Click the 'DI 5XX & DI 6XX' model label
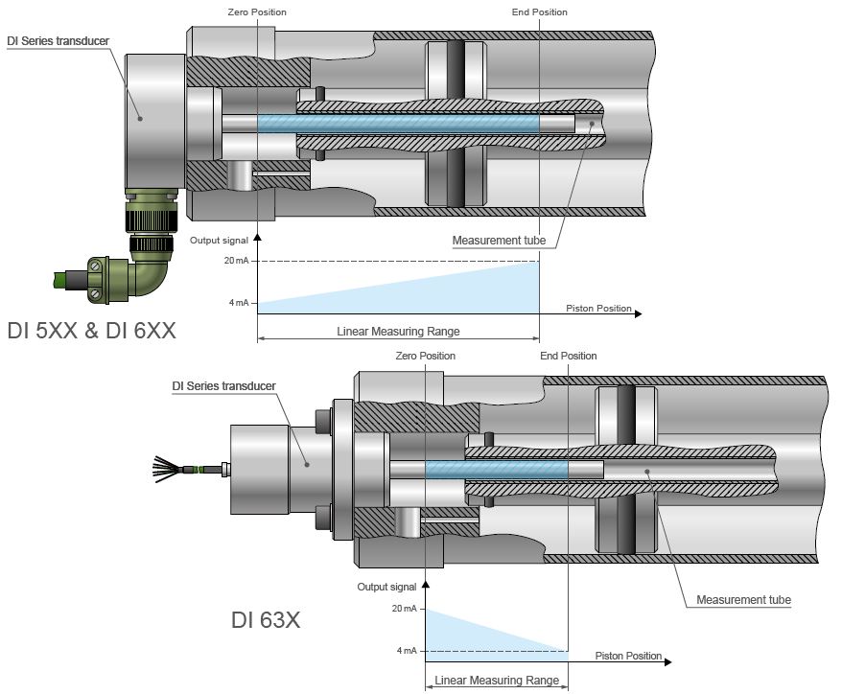point(91,331)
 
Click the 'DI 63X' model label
point(266,620)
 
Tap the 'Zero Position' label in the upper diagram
point(257,12)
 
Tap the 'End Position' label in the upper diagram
point(540,12)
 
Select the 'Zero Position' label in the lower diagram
point(425,356)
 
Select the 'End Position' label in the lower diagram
point(569,356)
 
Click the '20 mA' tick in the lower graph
point(404,609)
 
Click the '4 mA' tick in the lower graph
point(407,651)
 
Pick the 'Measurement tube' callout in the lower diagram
point(743,600)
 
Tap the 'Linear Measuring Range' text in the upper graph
point(398,332)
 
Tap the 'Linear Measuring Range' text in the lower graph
point(497,681)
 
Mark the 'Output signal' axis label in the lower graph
point(386,587)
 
